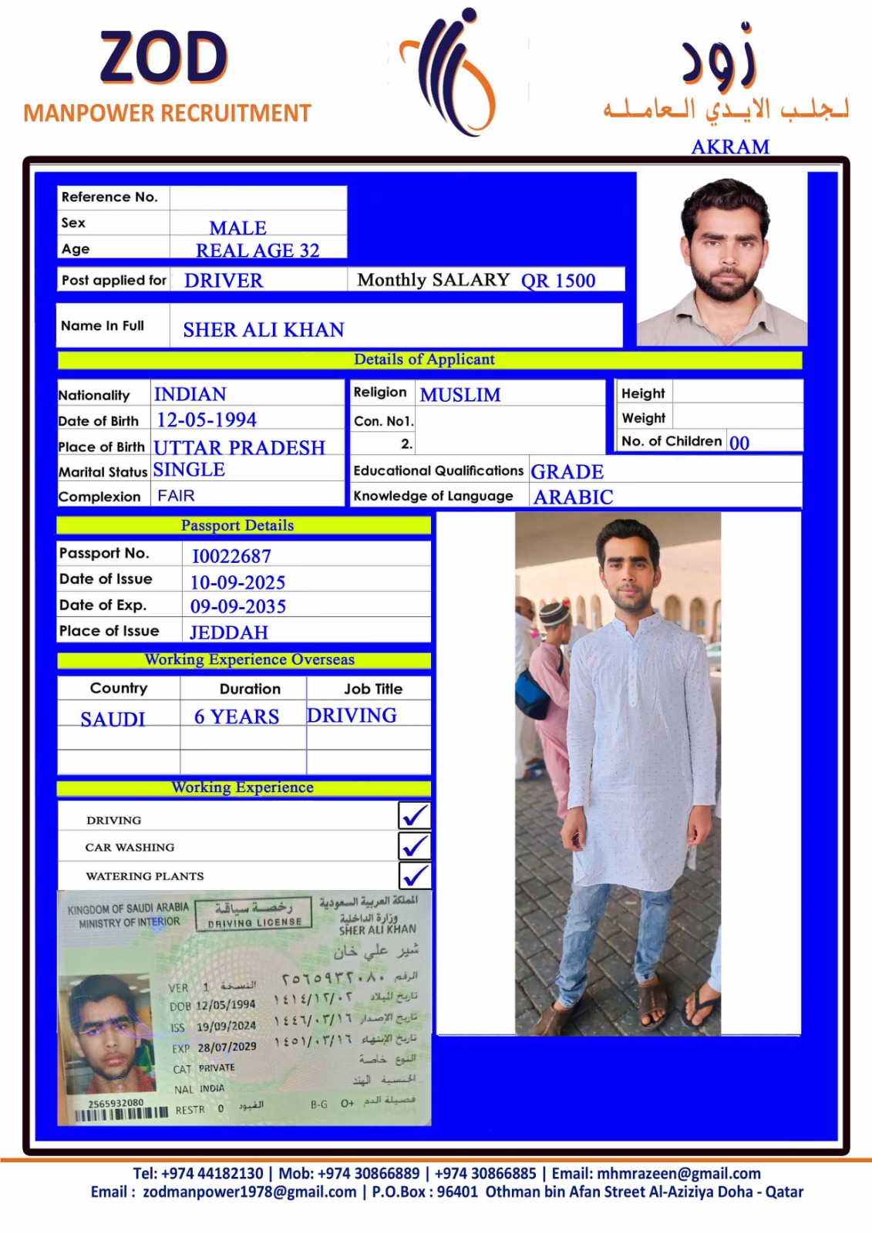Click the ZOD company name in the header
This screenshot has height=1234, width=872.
coord(163,59)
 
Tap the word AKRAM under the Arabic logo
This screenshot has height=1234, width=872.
coord(730,147)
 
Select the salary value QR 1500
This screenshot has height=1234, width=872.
coord(558,281)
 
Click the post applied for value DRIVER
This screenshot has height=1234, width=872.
coord(224,281)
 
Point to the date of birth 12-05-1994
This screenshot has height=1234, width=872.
coord(207,420)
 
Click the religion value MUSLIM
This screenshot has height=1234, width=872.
coord(460,395)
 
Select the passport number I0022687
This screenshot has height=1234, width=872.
coord(231,556)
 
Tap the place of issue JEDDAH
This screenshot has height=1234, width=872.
coord(229,632)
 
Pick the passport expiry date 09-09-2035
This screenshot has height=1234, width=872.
coord(238,607)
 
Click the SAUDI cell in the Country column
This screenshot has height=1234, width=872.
coord(113,719)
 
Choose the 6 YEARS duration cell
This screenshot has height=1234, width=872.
coord(237,717)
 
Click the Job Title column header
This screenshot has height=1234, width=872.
coord(373,689)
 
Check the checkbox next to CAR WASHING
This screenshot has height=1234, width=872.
coord(415,846)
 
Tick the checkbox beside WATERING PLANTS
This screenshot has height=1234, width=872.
coord(415,875)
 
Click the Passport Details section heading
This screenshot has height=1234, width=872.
coord(237,525)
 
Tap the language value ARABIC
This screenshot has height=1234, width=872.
coord(574,497)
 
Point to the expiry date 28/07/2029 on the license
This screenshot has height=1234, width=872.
coord(227,1047)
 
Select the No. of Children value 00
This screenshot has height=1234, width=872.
coord(739,443)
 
